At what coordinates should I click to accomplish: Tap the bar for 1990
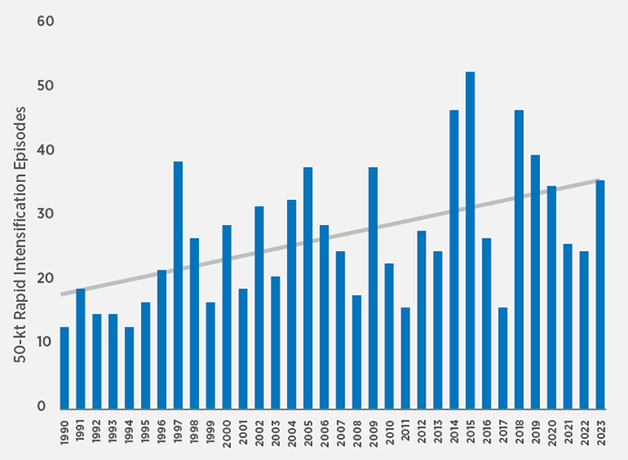[65, 367]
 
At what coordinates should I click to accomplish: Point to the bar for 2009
[372, 287]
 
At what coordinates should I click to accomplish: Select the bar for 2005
[308, 287]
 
